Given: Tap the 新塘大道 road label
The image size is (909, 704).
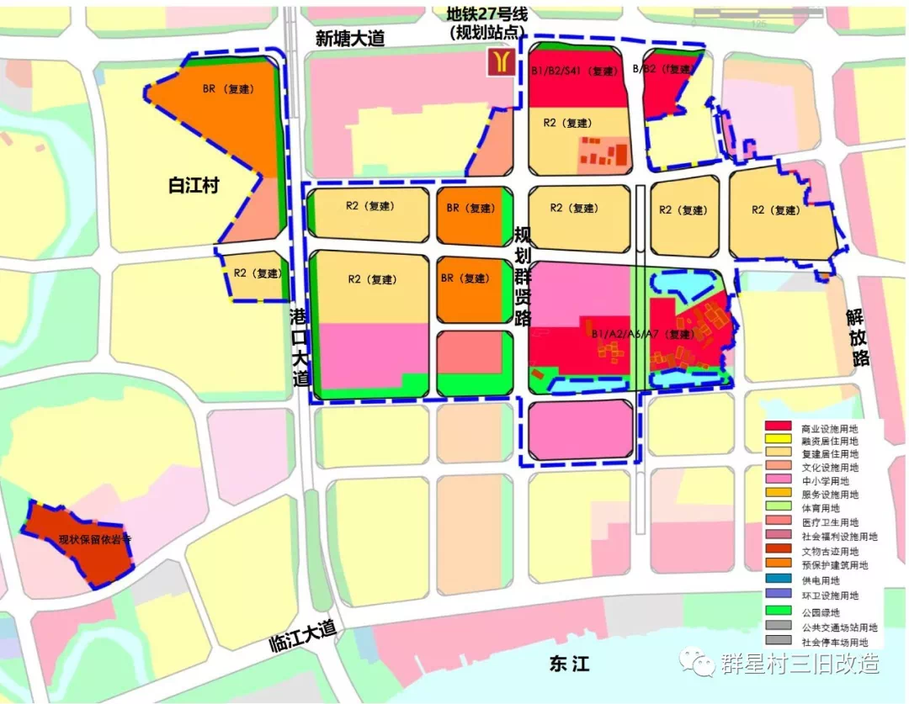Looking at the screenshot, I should pos(349,38).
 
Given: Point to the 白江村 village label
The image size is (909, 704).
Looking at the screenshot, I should pos(193,185).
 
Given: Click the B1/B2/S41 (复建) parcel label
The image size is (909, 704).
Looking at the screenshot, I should pos(576,72).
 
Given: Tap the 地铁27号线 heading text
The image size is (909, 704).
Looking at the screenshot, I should pos(487,14).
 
